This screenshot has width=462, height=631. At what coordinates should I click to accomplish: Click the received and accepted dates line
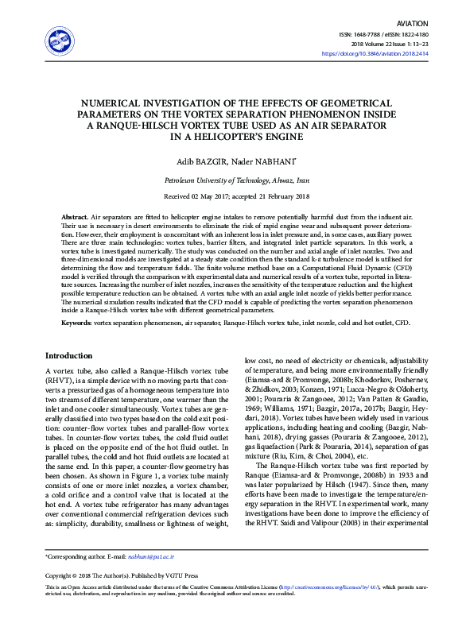tap(231, 197)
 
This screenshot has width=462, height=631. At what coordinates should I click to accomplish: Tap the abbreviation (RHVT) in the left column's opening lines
tap(60, 381)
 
